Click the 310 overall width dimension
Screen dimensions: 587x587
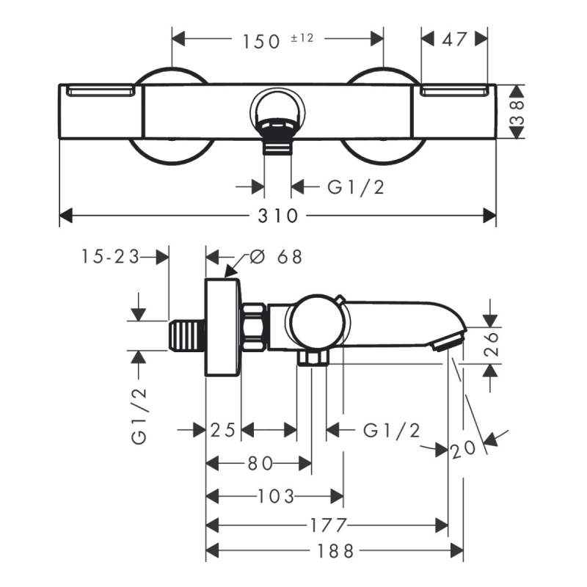coord(277,216)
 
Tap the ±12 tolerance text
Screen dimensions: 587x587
coord(301,37)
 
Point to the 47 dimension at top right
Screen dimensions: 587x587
coord(455,39)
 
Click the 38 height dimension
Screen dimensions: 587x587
coord(518,112)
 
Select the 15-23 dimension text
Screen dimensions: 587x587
coord(109,257)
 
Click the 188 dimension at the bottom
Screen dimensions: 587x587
coord(334,550)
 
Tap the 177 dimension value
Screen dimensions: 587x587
coord(327,525)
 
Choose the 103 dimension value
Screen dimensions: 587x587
coord(276,497)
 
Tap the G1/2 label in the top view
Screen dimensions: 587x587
coord(355,187)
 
